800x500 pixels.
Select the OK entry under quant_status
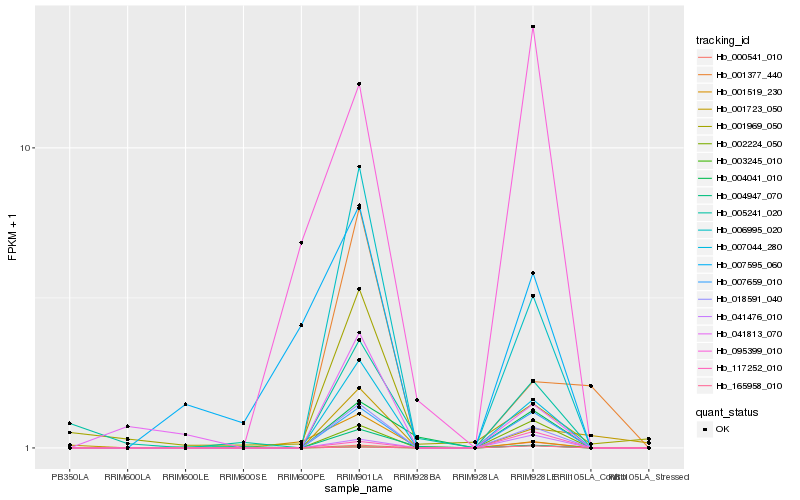[x=722, y=429]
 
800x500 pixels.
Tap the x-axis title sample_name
[x=358, y=489]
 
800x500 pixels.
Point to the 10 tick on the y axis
[x=28, y=148]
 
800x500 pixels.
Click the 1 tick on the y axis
[x=31, y=448]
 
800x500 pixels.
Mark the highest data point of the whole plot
[x=533, y=27]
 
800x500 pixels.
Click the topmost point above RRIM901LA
[x=359, y=84]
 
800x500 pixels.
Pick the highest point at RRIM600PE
[x=301, y=243]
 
